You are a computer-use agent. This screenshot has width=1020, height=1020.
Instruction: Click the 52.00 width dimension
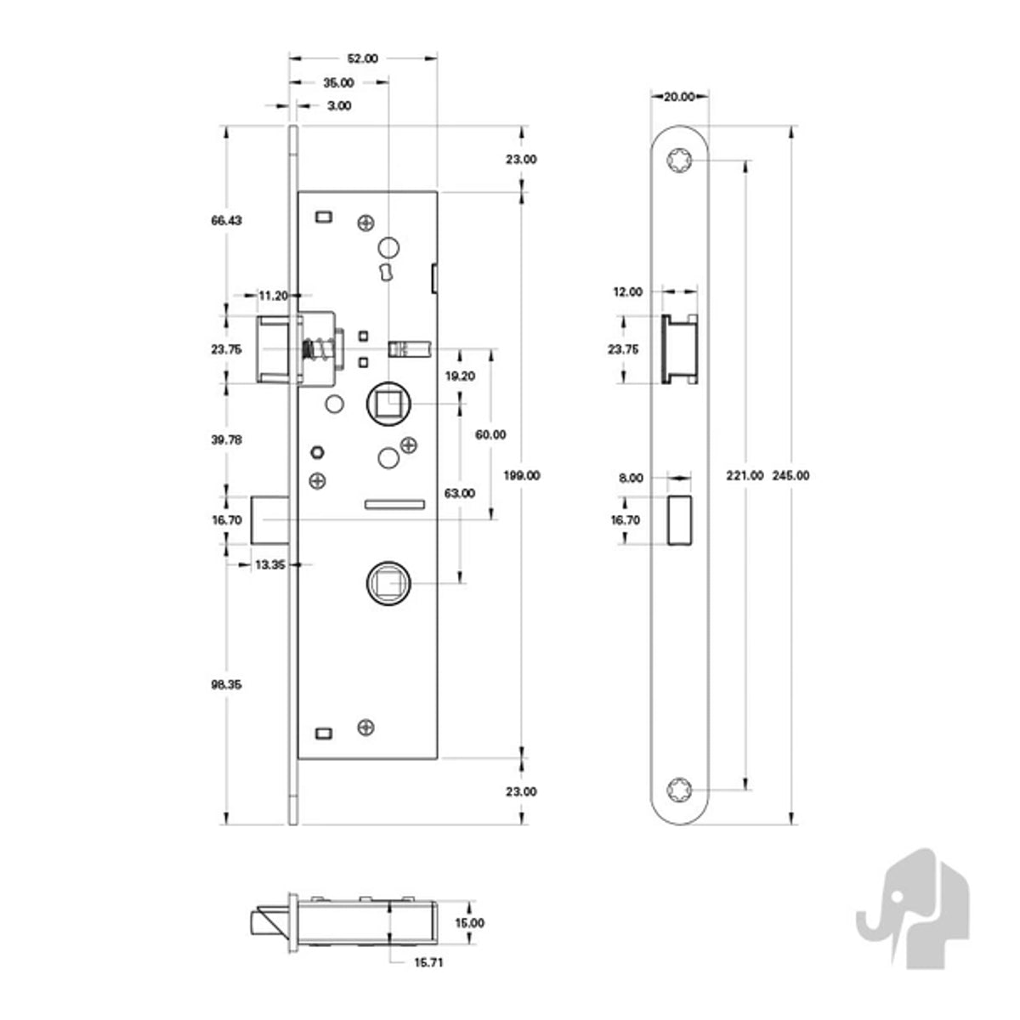pyautogui.click(x=363, y=59)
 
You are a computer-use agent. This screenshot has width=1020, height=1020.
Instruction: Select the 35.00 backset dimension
pyautogui.click(x=338, y=82)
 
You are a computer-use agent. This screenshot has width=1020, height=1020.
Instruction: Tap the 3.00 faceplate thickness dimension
pyautogui.click(x=339, y=106)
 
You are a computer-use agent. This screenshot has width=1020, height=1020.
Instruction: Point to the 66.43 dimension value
pyautogui.click(x=227, y=220)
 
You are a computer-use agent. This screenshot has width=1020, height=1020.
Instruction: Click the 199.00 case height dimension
pyautogui.click(x=521, y=475)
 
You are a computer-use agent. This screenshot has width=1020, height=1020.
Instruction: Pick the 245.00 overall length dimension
pyautogui.click(x=790, y=475)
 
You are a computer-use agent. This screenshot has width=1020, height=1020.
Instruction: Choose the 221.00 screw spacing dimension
pyautogui.click(x=745, y=475)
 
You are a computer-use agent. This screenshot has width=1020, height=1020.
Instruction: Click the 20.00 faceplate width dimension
pyautogui.click(x=679, y=97)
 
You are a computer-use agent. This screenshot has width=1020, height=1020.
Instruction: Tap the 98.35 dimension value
pyautogui.click(x=227, y=684)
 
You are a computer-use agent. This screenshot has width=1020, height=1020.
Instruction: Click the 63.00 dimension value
pyautogui.click(x=460, y=493)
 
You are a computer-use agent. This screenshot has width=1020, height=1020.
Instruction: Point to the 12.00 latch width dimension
pyautogui.click(x=628, y=292)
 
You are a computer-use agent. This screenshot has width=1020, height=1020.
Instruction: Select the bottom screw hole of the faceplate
pyautogui.click(x=678, y=790)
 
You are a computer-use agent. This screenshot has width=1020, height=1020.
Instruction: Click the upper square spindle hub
pyautogui.click(x=388, y=404)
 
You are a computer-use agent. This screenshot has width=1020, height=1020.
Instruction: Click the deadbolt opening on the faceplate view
pyautogui.click(x=679, y=520)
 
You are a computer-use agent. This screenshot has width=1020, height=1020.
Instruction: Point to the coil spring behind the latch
pyautogui.click(x=318, y=349)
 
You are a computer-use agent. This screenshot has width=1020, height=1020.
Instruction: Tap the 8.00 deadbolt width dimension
pyautogui.click(x=631, y=478)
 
